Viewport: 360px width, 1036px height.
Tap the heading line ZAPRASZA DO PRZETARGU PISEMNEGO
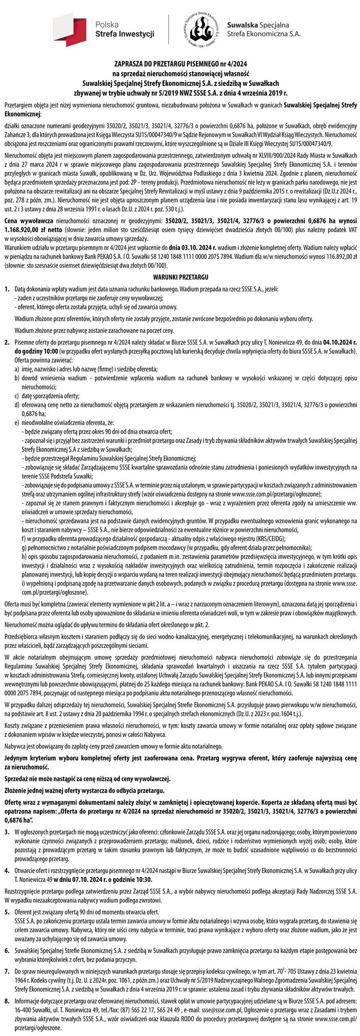tap(180, 64)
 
